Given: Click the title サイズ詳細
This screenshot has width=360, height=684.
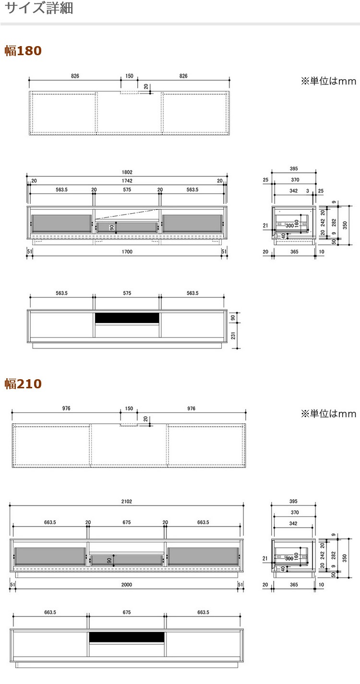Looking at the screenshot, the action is pos(39,8).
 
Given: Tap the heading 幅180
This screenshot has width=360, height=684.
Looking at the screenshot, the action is pos(23,51).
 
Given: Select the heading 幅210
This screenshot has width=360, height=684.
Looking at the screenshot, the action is pos(23,384).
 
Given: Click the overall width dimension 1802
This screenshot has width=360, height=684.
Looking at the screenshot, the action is pos(127,172).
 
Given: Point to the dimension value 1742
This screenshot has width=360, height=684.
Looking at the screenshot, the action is pos(127,181).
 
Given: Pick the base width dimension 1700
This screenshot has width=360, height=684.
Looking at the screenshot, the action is pos(127,252).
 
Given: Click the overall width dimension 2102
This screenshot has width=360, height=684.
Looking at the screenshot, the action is pos(126,502).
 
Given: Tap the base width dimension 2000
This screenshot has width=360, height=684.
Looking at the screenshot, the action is pos(126,585).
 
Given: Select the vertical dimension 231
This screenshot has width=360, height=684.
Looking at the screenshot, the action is pos(233,336).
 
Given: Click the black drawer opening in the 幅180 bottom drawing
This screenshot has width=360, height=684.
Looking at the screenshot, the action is pos(127,318).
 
